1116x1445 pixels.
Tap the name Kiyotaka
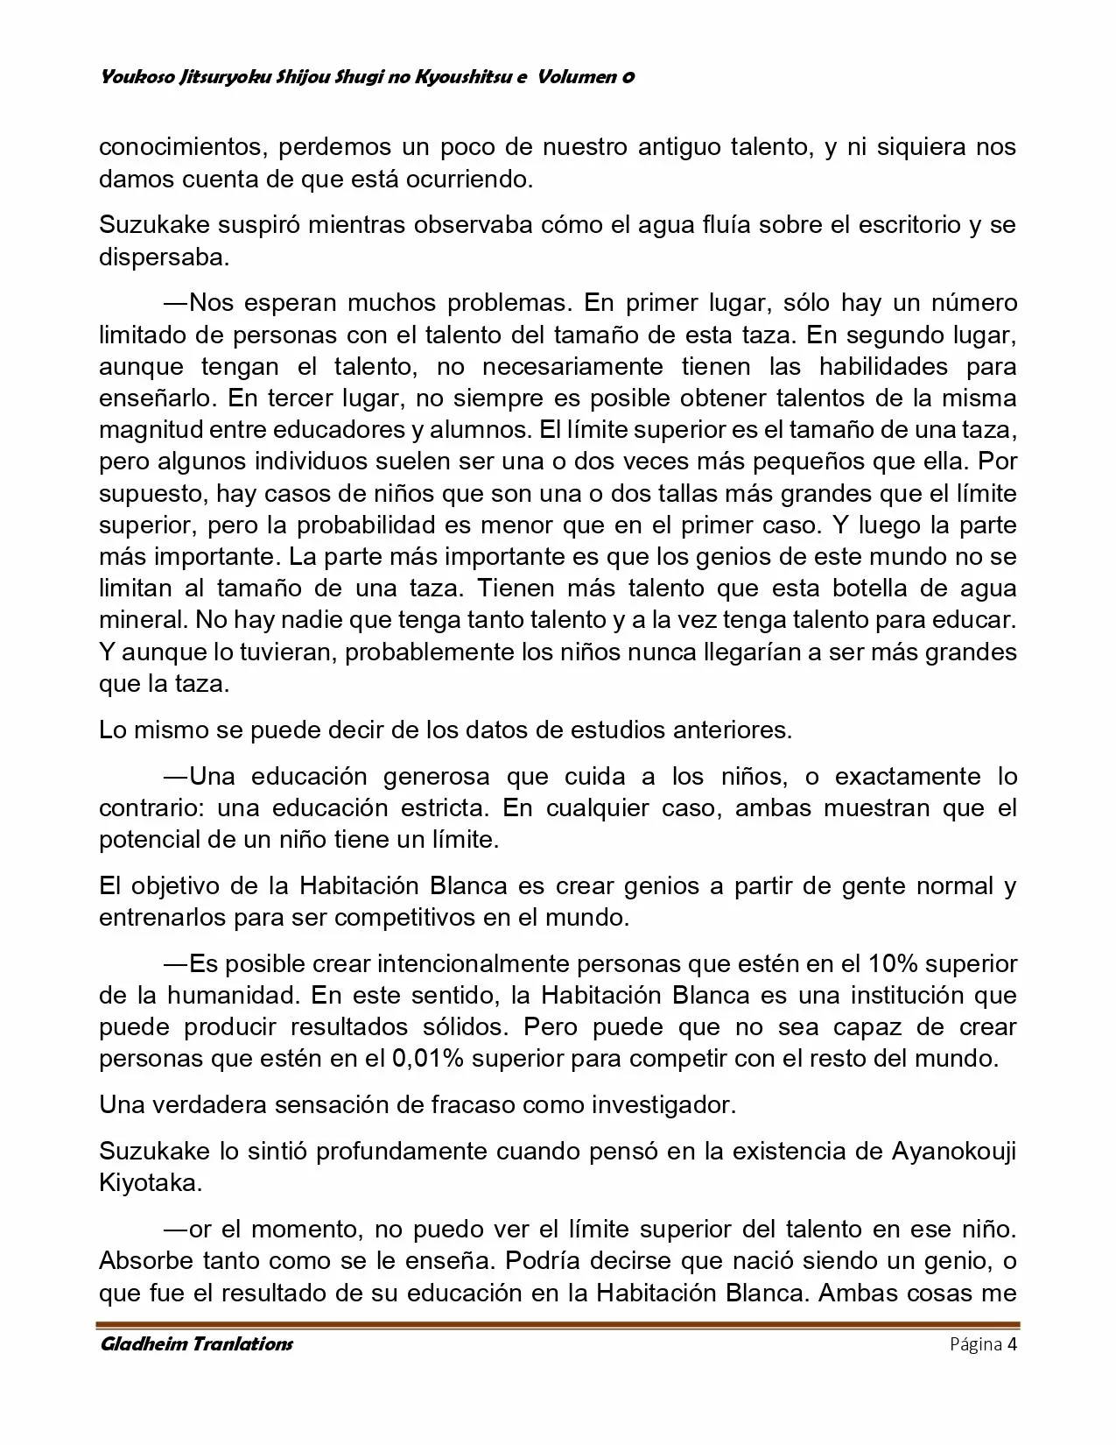(151, 1182)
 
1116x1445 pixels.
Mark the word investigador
(663, 1104)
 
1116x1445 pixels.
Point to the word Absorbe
(145, 1261)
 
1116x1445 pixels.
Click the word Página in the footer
(976, 1344)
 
